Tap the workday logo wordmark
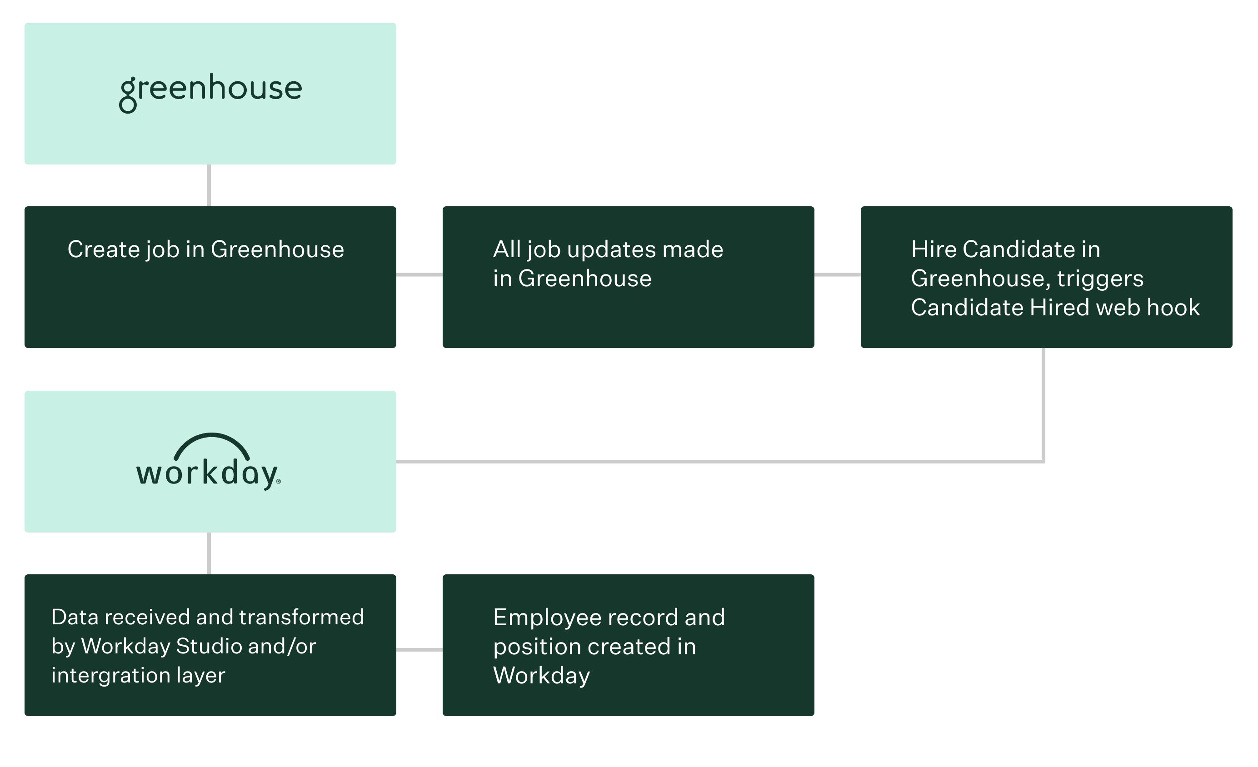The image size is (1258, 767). [207, 473]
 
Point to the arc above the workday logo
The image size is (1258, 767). [211, 440]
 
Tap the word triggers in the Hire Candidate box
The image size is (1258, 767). [1100, 279]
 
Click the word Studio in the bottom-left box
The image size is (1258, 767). [208, 646]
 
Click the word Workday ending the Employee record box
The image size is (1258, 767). [541, 676]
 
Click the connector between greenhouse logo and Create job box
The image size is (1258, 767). [209, 185]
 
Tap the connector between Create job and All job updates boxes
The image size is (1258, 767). [419, 274]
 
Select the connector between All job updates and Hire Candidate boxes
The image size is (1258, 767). [837, 274]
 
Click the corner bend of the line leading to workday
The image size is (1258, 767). [1043, 461]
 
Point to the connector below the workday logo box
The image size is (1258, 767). [209, 553]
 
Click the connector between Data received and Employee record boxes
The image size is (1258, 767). [419, 650]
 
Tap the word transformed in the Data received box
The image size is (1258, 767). [301, 618]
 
